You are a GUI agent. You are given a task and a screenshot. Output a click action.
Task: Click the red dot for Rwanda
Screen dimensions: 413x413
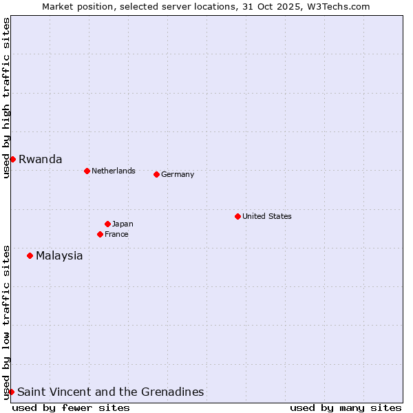12,159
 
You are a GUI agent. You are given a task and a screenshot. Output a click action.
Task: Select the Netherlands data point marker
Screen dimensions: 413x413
87,171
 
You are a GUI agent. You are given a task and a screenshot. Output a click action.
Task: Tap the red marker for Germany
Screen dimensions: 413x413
156,174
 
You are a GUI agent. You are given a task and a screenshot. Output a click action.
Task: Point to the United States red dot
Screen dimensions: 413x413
237,216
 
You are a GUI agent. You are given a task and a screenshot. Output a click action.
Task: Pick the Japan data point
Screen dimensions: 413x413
107,224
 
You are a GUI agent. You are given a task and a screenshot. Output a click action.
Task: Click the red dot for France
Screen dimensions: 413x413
100,234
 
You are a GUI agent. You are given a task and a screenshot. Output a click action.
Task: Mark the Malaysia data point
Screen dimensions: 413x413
30,255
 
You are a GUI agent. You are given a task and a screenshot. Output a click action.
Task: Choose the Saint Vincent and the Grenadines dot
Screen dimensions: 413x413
11,392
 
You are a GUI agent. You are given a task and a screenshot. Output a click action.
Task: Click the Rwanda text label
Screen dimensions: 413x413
40,159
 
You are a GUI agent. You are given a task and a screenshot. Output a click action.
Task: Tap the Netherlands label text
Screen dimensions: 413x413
114,171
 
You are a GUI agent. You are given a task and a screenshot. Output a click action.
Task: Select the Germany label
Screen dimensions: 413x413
178,174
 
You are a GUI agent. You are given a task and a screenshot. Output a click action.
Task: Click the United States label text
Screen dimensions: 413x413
267,216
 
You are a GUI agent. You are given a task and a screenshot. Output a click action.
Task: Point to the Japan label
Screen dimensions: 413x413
123,224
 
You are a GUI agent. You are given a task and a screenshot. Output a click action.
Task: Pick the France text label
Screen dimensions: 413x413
116,234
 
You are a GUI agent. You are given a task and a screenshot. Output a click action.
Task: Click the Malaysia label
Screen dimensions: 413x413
59,255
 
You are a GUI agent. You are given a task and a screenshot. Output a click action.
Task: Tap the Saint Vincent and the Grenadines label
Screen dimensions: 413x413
110,392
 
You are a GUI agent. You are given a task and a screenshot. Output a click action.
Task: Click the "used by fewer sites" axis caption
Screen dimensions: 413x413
71,407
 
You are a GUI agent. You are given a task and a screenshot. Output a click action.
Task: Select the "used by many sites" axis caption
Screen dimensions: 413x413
346,407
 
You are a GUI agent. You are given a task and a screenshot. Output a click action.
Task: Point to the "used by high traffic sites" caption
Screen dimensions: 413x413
6,98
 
